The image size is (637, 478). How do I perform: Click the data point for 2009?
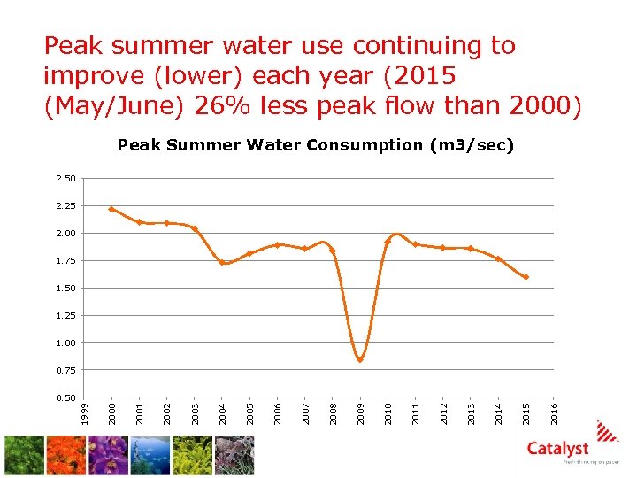tap(360, 359)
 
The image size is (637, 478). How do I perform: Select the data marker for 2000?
tap(111, 210)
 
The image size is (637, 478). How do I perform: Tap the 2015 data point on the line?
tap(526, 277)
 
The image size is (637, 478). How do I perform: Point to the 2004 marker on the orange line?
tap(222, 262)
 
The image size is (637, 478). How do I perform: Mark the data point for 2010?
tap(388, 242)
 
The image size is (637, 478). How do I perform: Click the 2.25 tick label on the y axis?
tap(65, 206)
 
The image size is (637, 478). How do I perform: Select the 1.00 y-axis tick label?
tap(65, 343)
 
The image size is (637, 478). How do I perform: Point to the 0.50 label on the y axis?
tap(65, 397)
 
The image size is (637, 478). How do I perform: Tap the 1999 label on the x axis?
tap(84, 411)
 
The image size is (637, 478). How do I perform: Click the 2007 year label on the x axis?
tap(305, 411)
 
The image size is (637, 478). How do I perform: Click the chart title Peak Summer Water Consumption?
tap(316, 144)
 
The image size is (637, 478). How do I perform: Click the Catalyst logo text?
tap(557, 449)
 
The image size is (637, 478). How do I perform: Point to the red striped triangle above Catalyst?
tap(608, 430)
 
